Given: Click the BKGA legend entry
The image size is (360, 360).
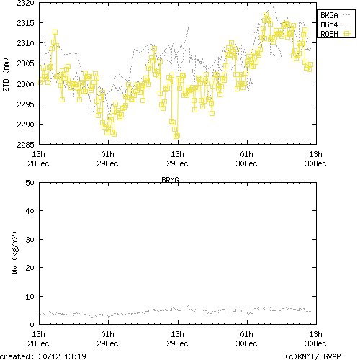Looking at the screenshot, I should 328,14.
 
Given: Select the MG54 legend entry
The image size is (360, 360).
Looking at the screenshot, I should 328,24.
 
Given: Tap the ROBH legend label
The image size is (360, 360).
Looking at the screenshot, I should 328,33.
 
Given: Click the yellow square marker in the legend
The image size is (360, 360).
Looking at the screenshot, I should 346,33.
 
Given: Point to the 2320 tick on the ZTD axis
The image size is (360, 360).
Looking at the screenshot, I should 23,4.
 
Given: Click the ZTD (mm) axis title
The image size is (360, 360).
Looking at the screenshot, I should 6,74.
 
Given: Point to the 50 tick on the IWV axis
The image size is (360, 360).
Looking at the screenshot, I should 28,183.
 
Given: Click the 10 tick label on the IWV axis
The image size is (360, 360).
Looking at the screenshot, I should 28,296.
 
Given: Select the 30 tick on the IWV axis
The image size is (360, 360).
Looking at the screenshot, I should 28,239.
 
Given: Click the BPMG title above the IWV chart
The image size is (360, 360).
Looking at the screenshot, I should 170,178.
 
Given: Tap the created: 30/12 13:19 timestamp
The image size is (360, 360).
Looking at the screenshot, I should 43,356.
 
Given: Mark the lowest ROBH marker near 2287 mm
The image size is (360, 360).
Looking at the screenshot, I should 176,135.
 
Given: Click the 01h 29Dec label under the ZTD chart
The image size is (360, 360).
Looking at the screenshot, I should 107,158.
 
